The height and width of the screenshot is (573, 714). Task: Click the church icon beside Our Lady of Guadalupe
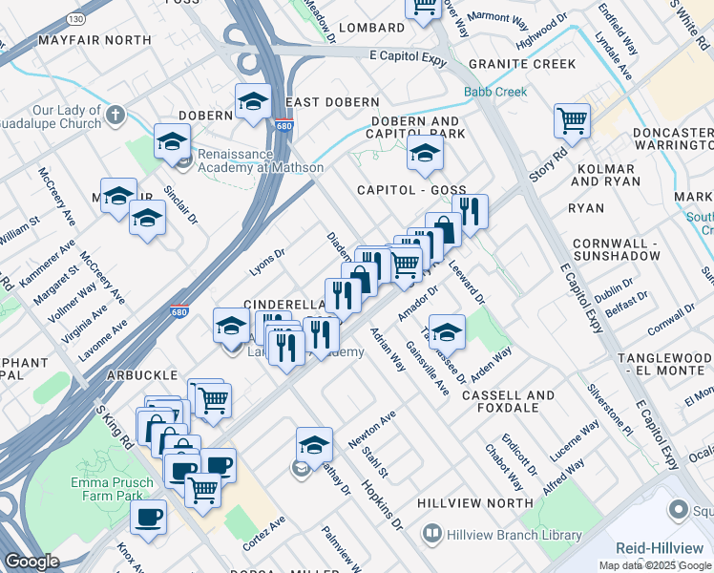(x=115, y=117)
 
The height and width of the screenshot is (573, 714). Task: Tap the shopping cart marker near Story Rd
(x=572, y=121)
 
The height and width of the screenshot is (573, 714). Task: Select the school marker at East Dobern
(x=253, y=102)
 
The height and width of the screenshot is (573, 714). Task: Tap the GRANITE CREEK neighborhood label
(x=522, y=64)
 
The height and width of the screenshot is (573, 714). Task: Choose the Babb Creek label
(x=495, y=93)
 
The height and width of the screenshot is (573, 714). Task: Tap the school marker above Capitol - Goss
(x=425, y=154)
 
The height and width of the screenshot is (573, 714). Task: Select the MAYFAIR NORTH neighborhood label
(x=94, y=40)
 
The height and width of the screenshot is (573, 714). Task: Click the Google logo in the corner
(x=31, y=562)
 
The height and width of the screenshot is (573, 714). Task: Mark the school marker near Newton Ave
(x=314, y=444)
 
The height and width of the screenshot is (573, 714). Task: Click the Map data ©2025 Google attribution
(x=656, y=565)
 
